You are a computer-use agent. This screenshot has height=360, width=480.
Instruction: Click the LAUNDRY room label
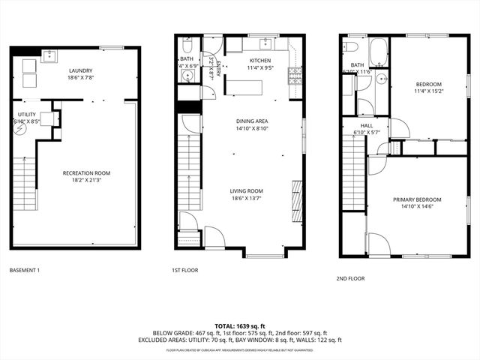coord(75,70)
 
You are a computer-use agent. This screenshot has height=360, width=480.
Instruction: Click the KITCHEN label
coord(260,61)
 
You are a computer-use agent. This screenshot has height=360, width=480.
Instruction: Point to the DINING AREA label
coord(251,121)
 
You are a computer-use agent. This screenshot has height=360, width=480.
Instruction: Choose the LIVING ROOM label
coord(246,191)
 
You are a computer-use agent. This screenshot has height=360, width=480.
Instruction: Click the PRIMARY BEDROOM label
coord(417,199)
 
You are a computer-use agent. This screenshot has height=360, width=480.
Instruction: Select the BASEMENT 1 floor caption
coord(25,270)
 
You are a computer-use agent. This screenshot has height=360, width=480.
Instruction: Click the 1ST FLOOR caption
coord(184,270)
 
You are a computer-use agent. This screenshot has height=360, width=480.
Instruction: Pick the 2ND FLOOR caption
coord(350,278)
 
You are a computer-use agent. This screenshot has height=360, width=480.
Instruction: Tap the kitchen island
coord(244,87)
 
